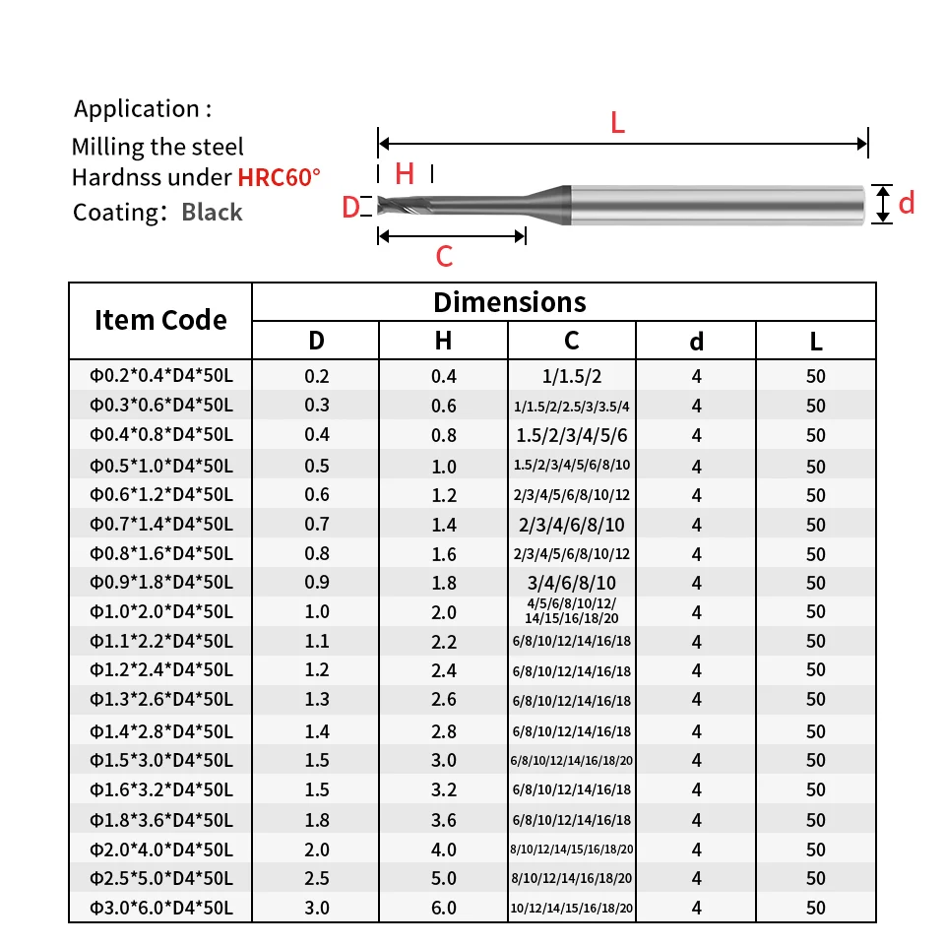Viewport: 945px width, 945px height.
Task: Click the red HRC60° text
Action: [x=279, y=177]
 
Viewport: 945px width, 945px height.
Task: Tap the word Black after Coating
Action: [x=212, y=213]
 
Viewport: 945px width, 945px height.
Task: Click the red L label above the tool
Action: [x=618, y=123]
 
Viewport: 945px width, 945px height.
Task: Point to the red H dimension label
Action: [x=405, y=174]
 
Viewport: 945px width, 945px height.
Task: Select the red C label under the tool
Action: [x=444, y=256]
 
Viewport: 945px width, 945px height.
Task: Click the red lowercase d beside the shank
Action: [x=907, y=203]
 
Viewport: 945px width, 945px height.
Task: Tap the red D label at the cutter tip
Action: [x=350, y=208]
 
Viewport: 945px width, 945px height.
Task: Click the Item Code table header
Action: [x=160, y=319]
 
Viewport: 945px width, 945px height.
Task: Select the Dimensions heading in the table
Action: [x=509, y=302]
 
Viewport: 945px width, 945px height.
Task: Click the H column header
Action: [x=443, y=341]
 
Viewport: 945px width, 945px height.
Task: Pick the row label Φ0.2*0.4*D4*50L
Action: [x=160, y=375]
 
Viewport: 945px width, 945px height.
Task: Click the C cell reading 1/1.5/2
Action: [x=571, y=376]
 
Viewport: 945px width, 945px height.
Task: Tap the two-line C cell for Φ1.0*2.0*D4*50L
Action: [x=571, y=610]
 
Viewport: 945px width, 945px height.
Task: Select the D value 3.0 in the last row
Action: [x=316, y=908]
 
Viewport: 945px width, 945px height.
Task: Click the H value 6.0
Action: [x=444, y=908]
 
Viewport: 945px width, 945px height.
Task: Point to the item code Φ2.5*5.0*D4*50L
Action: [x=160, y=878]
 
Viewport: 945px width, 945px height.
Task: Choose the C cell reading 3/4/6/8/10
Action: [x=571, y=583]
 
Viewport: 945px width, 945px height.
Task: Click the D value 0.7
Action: [x=316, y=525]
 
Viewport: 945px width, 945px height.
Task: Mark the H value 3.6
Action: [x=444, y=820]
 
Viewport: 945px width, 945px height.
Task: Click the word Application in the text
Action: [x=136, y=109]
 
